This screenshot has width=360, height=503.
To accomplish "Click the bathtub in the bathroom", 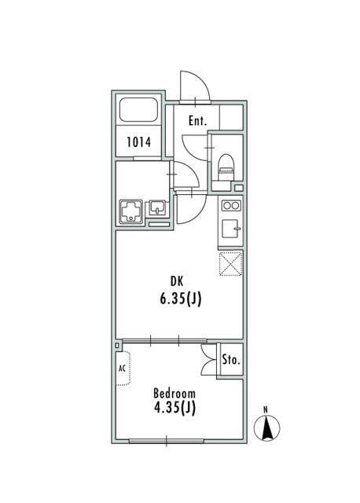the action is tap(139, 110).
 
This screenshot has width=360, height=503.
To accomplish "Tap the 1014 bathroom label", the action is tap(138, 142).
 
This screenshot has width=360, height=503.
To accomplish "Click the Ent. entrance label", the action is tap(197, 121).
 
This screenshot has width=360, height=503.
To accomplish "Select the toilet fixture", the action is tap(226, 167).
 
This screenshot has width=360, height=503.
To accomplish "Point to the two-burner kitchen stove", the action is tap(231, 206).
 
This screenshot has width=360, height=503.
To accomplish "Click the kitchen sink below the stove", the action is tap(230, 228).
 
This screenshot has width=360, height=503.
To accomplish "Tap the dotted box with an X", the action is tap(230, 264).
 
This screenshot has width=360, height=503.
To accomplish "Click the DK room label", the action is tap(177, 281).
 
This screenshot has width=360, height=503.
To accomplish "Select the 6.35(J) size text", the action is tap(181, 299).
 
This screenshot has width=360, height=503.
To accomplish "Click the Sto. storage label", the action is tap(231, 360).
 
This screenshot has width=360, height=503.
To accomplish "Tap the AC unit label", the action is tap(122, 369).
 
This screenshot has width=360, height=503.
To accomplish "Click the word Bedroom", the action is tap(174, 393).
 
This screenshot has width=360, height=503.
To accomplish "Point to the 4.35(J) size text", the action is tap(174, 408).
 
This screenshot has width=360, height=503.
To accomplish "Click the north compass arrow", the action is tap(266, 428).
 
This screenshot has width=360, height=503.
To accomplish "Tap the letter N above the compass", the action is tap(266, 409).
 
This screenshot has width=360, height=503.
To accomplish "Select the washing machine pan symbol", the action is tap(131, 211).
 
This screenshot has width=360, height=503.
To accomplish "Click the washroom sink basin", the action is tap(157, 207).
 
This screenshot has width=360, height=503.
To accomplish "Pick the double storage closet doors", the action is tap(208, 360).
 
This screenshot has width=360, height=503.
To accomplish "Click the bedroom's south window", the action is tap(166, 442).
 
